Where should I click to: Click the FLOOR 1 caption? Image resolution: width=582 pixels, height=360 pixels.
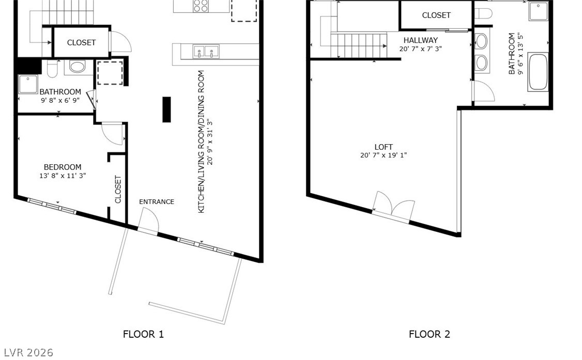[143, 334]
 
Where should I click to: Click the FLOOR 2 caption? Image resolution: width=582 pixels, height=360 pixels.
[430, 334]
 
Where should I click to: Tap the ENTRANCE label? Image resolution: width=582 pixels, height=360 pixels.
[157, 201]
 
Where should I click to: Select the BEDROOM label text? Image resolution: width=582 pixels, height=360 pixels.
[63, 167]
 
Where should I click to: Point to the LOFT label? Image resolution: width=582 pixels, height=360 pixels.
[384, 147]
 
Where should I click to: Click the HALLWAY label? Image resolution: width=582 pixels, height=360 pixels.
[421, 40]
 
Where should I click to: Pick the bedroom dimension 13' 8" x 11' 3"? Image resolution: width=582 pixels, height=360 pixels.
[63, 176]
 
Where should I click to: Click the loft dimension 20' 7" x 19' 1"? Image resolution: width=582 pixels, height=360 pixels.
[384, 155]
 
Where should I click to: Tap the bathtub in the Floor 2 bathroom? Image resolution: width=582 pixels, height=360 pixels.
[538, 72]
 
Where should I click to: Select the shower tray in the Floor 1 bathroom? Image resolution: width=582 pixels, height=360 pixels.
[28, 85]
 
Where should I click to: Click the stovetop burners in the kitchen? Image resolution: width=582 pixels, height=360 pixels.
[201, 6]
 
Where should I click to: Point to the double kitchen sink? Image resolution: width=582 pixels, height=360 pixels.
[206, 51]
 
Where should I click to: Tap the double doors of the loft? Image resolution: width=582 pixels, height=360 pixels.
[393, 206]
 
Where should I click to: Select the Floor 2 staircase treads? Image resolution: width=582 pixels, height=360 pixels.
[359, 45]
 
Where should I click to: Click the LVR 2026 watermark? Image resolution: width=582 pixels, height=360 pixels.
[28, 352]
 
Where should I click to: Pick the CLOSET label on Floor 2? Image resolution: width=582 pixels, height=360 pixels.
[436, 15]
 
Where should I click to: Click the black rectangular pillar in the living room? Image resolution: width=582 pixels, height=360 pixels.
[166, 109]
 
